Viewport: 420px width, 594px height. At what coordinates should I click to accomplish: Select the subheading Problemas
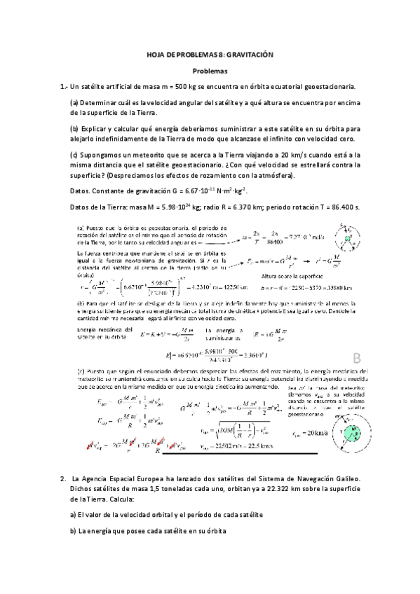click(210, 71)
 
